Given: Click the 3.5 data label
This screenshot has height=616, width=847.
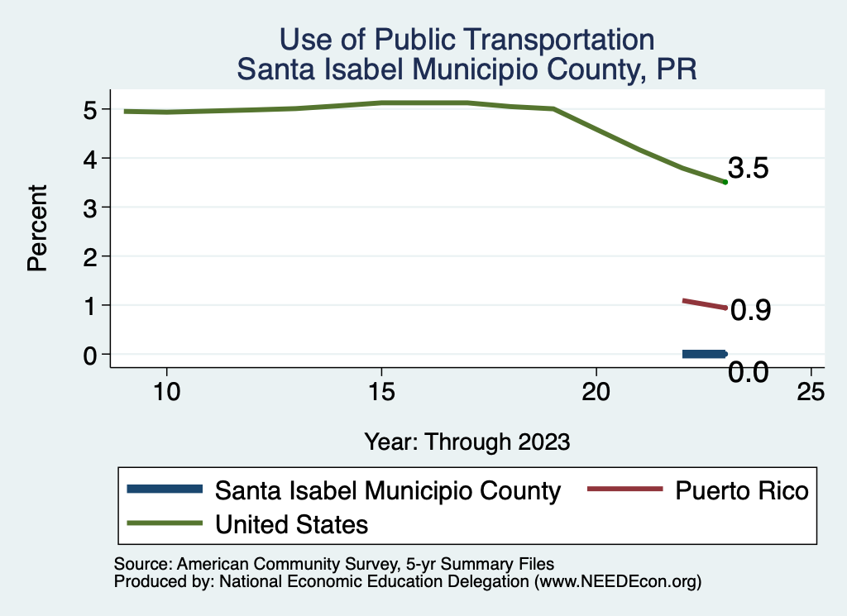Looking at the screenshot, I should click(749, 169).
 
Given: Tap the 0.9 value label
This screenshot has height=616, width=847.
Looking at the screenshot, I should click(751, 310).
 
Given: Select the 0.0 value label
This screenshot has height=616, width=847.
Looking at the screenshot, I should click(749, 372).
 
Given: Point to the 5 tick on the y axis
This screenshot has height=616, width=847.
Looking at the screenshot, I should click(91, 109).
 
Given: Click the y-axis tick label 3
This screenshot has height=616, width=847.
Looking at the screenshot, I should click(91, 207).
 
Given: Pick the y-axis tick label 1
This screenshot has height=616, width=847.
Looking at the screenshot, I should click(91, 305).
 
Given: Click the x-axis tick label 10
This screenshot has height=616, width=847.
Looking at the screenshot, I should click(167, 392).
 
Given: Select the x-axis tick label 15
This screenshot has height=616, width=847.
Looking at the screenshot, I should click(381, 392).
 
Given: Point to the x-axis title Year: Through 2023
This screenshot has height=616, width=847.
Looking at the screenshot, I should click(467, 442).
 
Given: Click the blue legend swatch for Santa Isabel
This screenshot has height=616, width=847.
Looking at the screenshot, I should click(165, 489).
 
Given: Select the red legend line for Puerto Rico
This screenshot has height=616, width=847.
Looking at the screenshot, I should click(624, 489).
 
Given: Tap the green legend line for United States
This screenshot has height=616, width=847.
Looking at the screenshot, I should click(165, 523).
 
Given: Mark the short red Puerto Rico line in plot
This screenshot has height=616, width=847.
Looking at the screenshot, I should click(704, 304).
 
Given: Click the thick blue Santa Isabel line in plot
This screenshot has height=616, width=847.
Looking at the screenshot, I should click(704, 354).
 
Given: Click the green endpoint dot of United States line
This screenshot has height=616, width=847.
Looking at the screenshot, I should click(725, 182).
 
